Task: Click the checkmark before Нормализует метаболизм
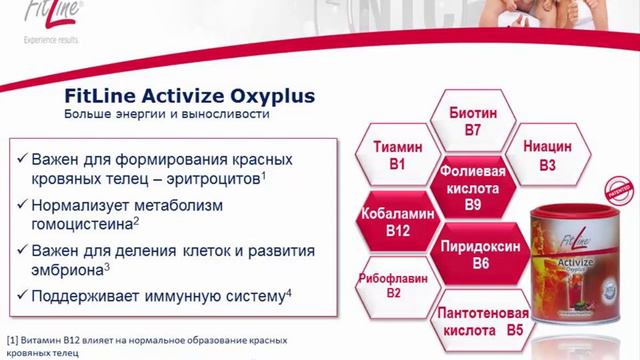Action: (23, 205)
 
